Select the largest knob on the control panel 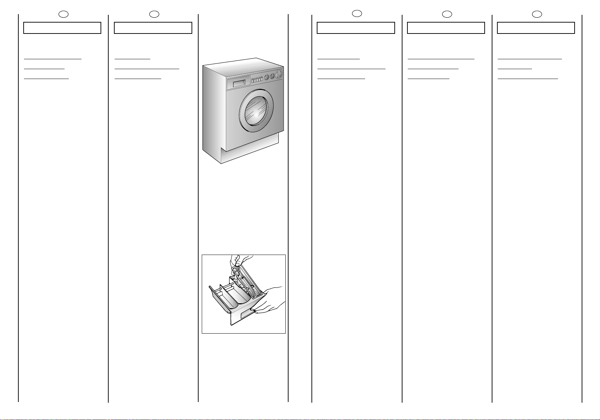(279, 74)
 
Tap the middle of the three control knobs (272, 76)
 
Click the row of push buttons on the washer (257, 80)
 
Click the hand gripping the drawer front (272, 300)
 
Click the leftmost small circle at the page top (63, 14)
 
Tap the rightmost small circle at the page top (537, 14)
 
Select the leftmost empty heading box (62, 28)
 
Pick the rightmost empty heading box (536, 28)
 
